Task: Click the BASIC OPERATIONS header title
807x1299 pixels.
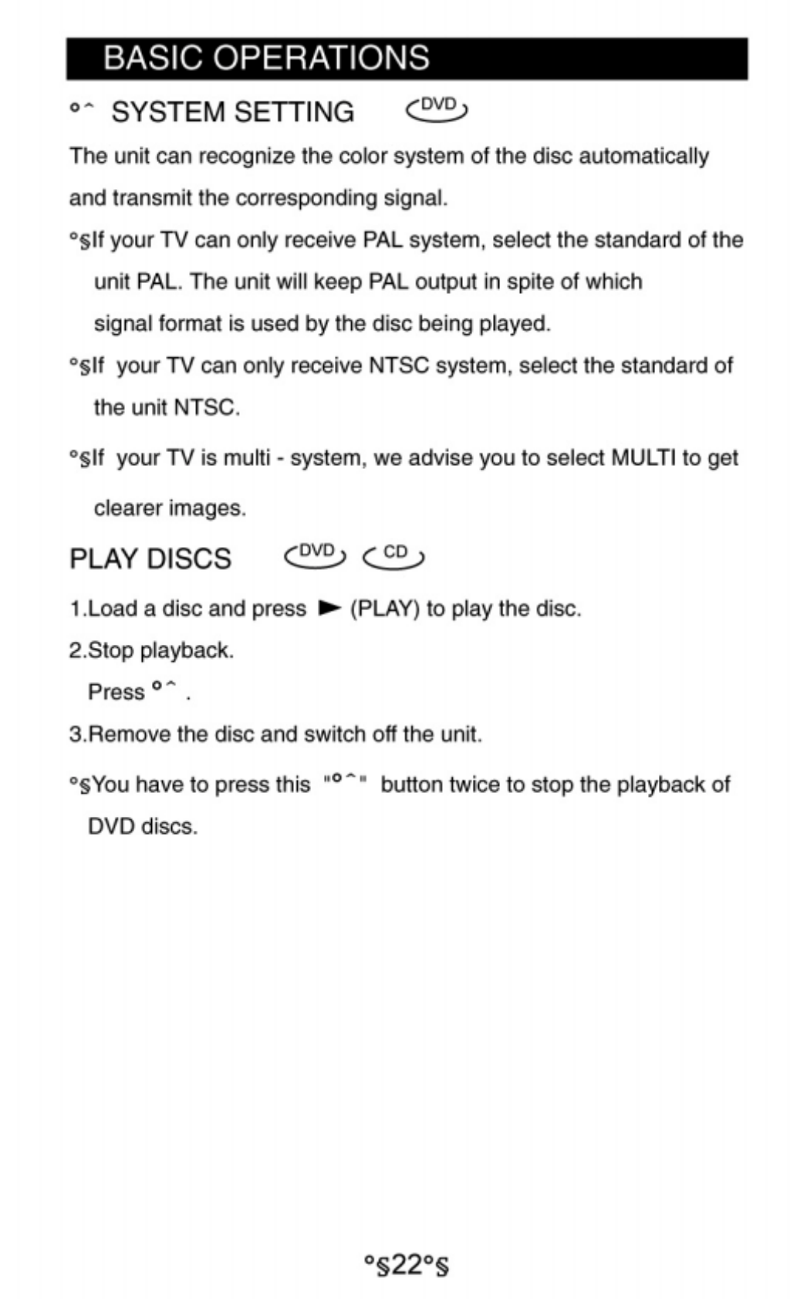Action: click(x=266, y=59)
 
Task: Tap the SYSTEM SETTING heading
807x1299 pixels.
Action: click(x=232, y=113)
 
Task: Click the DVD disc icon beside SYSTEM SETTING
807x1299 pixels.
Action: click(x=437, y=110)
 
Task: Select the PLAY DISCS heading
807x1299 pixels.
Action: click(x=150, y=558)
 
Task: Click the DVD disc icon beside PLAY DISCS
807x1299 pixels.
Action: click(x=316, y=555)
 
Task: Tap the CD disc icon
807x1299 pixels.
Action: click(x=393, y=555)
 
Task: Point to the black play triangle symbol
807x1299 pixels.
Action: click(x=329, y=609)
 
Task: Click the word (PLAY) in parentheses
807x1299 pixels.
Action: click(x=385, y=609)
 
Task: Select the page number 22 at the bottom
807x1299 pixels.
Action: click(x=406, y=1265)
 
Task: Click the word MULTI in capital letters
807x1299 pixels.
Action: click(x=643, y=458)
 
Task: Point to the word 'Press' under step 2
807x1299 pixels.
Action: click(x=116, y=692)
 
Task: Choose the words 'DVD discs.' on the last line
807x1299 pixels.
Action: click(x=143, y=827)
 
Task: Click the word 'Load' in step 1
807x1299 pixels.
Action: click(x=113, y=609)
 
